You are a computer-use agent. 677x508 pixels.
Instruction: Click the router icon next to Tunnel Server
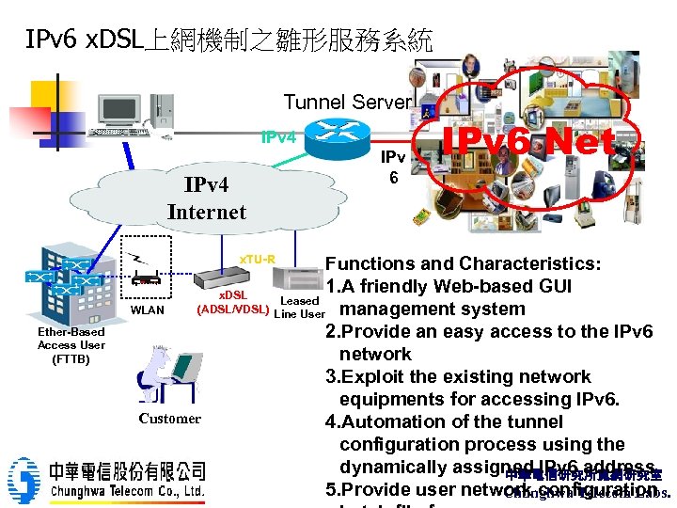point(341,135)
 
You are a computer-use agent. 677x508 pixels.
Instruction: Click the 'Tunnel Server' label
point(348,102)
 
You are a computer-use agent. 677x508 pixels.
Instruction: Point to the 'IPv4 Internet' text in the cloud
point(206,198)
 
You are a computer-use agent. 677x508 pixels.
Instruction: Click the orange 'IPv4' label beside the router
point(279,138)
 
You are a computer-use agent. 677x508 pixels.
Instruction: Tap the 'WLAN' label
point(147,310)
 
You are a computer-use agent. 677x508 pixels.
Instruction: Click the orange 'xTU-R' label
point(257,260)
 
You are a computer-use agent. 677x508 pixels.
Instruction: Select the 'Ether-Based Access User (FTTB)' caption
point(71,345)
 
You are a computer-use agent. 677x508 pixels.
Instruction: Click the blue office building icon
point(66,282)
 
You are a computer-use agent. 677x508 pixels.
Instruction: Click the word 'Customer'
point(169,419)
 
